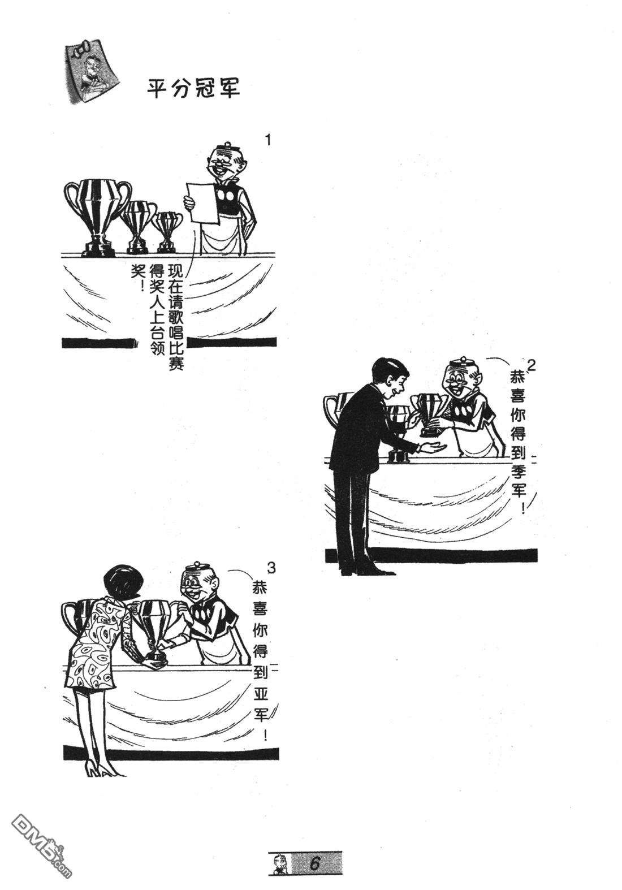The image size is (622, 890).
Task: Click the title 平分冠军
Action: pyautogui.click(x=193, y=88)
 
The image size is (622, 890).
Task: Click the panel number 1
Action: pyautogui.click(x=269, y=140)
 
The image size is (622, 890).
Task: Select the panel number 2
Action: pyautogui.click(x=531, y=365)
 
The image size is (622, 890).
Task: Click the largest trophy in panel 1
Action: pyautogui.click(x=97, y=217)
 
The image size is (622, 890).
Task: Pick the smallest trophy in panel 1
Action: pyautogui.click(x=167, y=232)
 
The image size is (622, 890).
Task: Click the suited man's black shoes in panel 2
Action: pyautogui.click(x=368, y=572)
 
